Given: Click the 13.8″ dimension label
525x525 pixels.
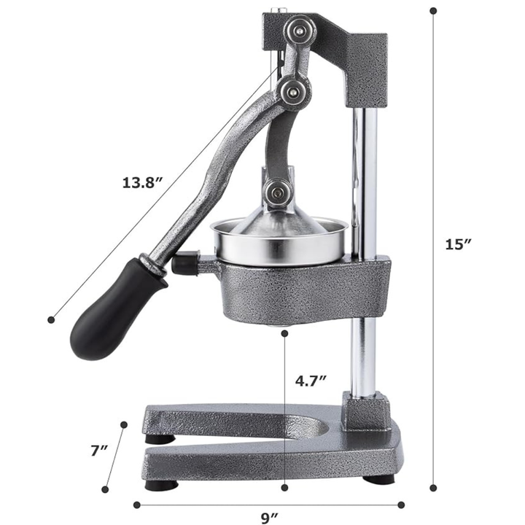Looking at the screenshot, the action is [x=142, y=183].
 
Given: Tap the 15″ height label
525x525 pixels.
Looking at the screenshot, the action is [x=459, y=244].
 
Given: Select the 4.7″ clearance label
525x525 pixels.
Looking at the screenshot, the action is [x=311, y=381].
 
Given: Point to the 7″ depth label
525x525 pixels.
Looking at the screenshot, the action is [x=98, y=451].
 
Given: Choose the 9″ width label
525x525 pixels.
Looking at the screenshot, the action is [x=270, y=518].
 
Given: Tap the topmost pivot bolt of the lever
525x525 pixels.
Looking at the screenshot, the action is [x=300, y=31].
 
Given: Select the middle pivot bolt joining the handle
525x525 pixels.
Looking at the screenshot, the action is [x=294, y=91].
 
